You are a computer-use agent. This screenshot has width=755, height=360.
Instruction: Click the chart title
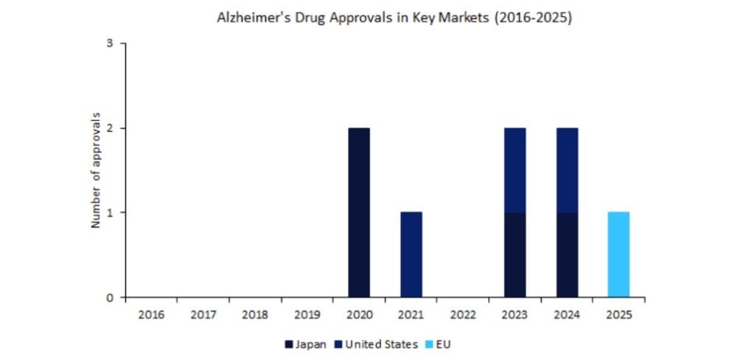(394, 18)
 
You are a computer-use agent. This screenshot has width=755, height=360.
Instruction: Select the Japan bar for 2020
(358, 212)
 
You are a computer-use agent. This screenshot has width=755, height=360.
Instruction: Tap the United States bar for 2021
(411, 255)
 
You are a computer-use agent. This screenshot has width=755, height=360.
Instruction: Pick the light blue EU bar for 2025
(618, 255)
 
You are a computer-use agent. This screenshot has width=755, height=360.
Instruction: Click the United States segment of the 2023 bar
(515, 170)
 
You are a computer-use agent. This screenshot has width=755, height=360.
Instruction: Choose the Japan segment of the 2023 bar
(515, 255)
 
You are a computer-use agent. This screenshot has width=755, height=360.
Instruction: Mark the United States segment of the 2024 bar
(566, 170)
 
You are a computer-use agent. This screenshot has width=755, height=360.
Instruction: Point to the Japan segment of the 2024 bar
(566, 255)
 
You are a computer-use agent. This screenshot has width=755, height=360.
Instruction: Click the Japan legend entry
(305, 345)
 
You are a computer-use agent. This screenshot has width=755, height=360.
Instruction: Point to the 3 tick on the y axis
(110, 44)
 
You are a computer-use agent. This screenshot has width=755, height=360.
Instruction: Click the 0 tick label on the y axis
(110, 297)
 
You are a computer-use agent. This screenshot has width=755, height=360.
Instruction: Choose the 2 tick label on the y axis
(110, 128)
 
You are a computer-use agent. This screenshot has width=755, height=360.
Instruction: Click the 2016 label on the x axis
(151, 314)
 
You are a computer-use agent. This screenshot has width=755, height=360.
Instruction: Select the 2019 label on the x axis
(307, 314)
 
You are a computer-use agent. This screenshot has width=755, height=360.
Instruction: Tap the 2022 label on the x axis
(462, 314)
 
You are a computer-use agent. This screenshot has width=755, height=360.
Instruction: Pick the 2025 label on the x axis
(618, 314)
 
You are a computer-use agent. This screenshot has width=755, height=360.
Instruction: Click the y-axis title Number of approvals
(96, 170)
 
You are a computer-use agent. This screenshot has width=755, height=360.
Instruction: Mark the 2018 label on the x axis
(255, 314)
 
